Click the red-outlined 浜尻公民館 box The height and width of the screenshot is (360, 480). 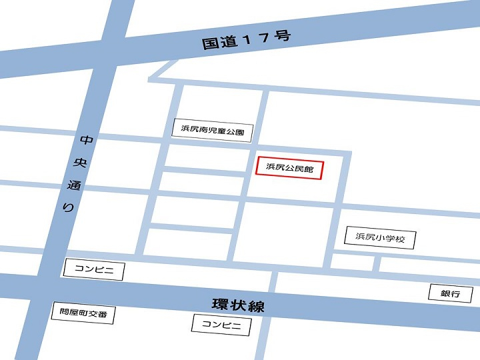pyautogui.click(x=289, y=169)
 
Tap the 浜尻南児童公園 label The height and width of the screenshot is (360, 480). pyautogui.click(x=213, y=130)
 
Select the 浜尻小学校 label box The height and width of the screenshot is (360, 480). pyautogui.click(x=380, y=237)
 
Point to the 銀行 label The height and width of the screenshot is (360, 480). pyautogui.click(x=450, y=293)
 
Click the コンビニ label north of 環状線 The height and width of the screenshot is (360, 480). pyautogui.click(x=93, y=269)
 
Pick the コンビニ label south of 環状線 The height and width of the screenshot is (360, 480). pyautogui.click(x=221, y=325)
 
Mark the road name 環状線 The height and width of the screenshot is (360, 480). pyautogui.click(x=238, y=307)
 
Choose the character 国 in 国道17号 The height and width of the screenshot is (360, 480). pyautogui.click(x=210, y=44)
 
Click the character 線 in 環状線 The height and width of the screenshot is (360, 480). pyautogui.click(x=256, y=307)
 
